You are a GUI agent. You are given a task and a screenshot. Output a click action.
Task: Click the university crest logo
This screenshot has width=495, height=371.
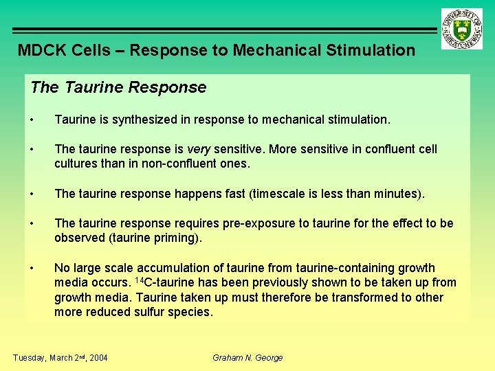point(462,29)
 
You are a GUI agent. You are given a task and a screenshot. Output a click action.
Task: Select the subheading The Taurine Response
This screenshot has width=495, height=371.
point(118,87)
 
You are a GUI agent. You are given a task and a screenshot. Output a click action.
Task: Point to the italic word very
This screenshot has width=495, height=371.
point(199,149)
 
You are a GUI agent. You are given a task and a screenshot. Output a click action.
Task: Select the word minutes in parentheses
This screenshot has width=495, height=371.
point(395,194)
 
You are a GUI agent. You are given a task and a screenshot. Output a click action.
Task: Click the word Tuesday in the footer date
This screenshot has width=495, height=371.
point(29,357)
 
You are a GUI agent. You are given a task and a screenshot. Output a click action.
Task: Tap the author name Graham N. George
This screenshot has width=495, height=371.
point(247,357)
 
